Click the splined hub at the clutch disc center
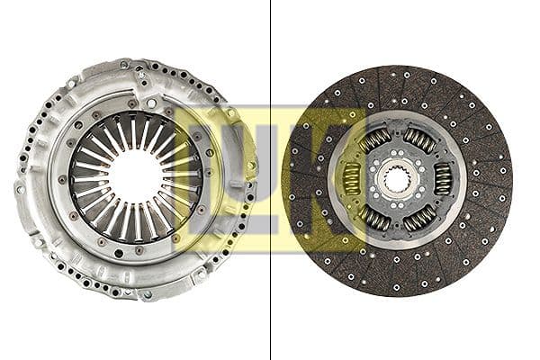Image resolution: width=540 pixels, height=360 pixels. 397,178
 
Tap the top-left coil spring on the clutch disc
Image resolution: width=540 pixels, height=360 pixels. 374,139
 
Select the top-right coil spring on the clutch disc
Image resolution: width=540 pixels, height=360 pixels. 418,139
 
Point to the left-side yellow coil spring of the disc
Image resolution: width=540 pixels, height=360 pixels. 351,178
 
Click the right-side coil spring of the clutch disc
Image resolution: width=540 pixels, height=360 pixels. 443,178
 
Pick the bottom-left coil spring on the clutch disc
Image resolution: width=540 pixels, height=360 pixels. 375,218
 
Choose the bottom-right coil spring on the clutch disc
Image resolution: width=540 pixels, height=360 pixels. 419,218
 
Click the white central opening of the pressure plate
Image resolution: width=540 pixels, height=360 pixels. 136,175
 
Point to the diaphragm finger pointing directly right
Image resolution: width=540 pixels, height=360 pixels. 182,176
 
